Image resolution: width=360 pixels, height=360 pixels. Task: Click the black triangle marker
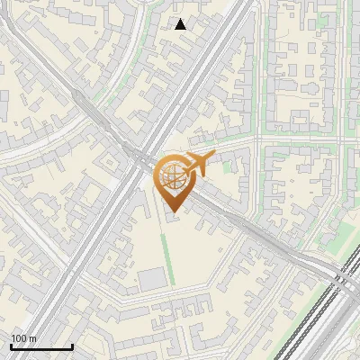tap(181, 24)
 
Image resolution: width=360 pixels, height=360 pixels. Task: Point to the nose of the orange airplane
tap(215, 157)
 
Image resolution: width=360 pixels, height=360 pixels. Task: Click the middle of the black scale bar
tap(41, 346)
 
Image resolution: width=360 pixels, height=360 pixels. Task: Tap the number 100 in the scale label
tap(20, 338)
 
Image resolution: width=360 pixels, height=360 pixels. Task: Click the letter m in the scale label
tap(32, 338)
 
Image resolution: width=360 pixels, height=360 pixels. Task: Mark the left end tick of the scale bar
tap(11, 346)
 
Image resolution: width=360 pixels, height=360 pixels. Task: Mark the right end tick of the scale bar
tap(72, 346)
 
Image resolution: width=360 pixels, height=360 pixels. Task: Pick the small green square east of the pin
tap(227, 166)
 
